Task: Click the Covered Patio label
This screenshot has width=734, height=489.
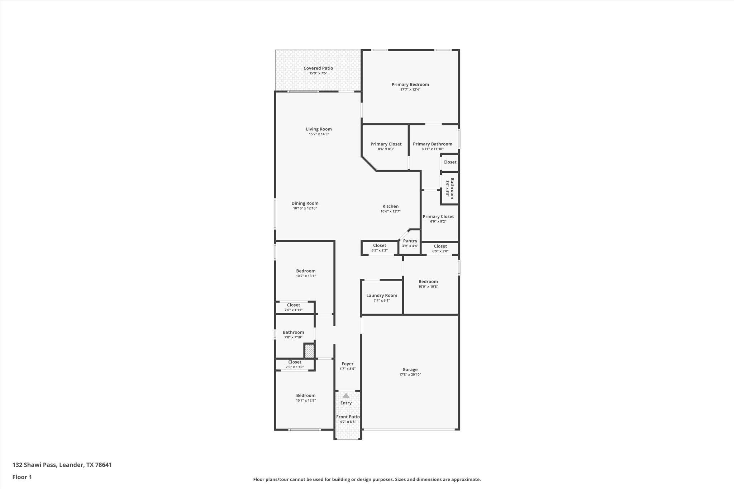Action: (318, 68)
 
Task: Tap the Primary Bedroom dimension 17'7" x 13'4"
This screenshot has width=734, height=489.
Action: (410, 90)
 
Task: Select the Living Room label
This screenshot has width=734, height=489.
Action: (319, 129)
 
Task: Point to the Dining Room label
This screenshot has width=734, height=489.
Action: (305, 203)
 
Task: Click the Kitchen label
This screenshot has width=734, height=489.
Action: (390, 206)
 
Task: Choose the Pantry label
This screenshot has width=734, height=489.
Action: (410, 241)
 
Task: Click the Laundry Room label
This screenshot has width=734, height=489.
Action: (381, 296)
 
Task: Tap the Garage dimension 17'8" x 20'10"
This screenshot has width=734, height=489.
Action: (410, 375)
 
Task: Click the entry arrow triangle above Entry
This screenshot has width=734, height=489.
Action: (346, 395)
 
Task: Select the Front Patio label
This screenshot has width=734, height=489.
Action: (348, 417)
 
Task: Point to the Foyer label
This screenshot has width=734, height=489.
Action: (347, 364)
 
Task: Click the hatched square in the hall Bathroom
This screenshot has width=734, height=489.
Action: (309, 350)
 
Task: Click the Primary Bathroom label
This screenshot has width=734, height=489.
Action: (432, 144)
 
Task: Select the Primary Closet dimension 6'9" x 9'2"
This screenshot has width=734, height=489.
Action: (438, 221)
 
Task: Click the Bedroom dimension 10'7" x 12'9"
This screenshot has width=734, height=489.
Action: (306, 401)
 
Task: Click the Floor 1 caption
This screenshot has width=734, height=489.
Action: (22, 477)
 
